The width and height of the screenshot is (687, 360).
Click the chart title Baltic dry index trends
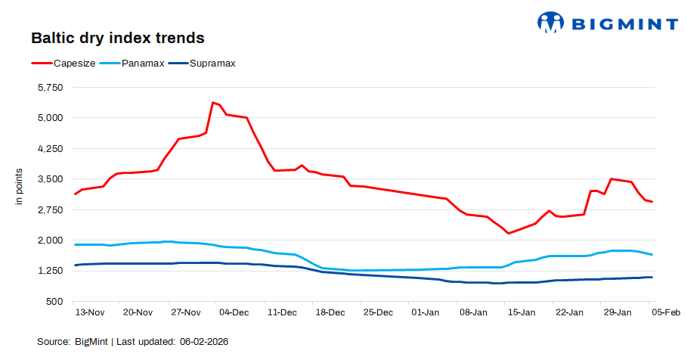117,37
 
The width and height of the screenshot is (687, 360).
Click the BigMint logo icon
551,22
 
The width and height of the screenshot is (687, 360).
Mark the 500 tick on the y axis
56,302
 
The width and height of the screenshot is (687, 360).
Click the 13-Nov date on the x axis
89,312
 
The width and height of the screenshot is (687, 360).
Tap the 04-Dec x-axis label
234,312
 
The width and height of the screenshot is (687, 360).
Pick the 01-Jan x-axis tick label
426,312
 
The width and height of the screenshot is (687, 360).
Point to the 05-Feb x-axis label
665,312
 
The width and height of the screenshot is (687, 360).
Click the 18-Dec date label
330,312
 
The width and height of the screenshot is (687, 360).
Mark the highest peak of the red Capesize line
213,102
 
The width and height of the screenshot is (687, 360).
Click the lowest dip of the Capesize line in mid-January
508,233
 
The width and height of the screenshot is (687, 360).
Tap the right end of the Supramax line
652,278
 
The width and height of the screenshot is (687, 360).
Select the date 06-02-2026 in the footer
204,342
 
